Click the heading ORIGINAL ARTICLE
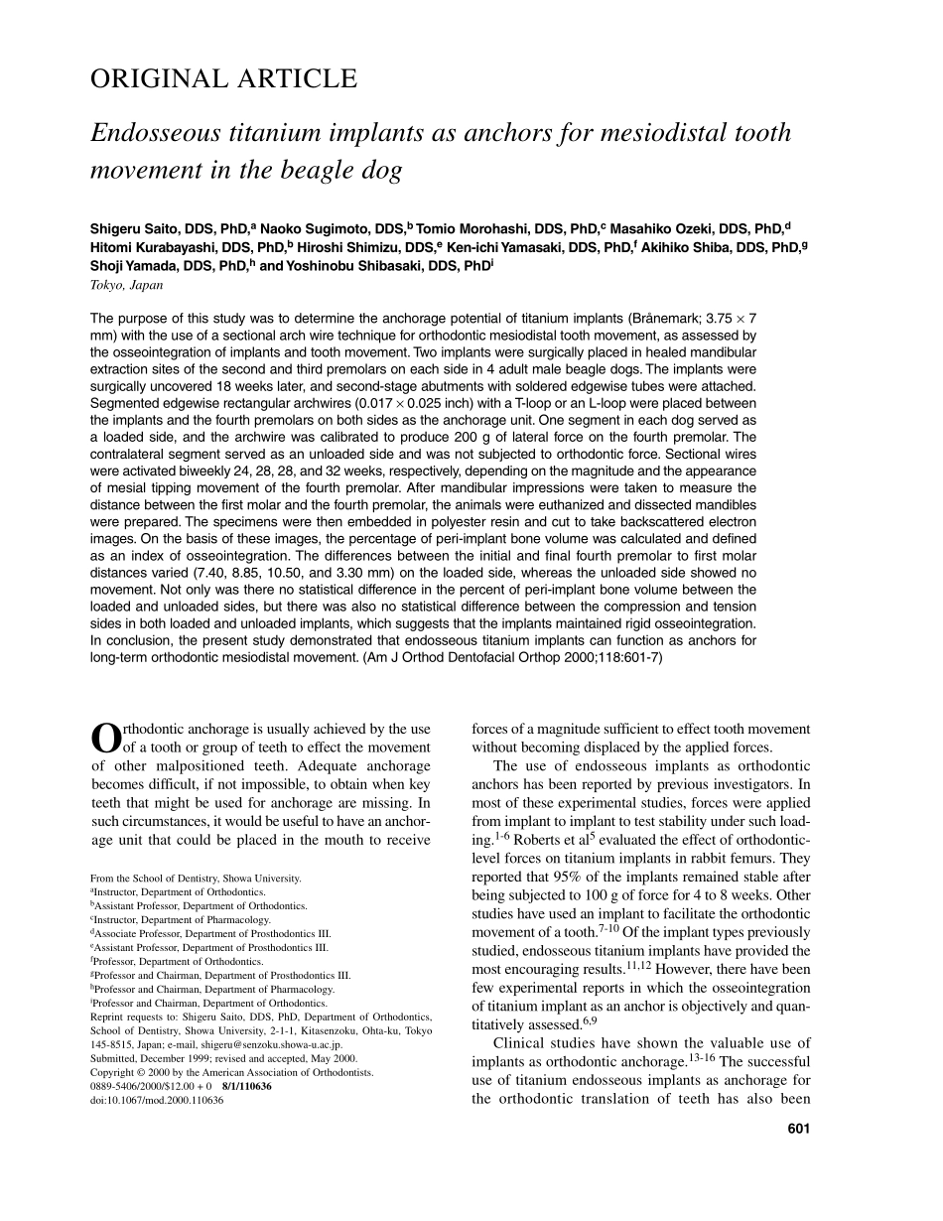tap(223, 79)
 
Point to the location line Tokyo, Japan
tap(126, 285)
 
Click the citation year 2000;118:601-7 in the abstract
tap(600, 657)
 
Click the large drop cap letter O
tap(105, 739)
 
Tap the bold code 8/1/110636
tap(247, 1087)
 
